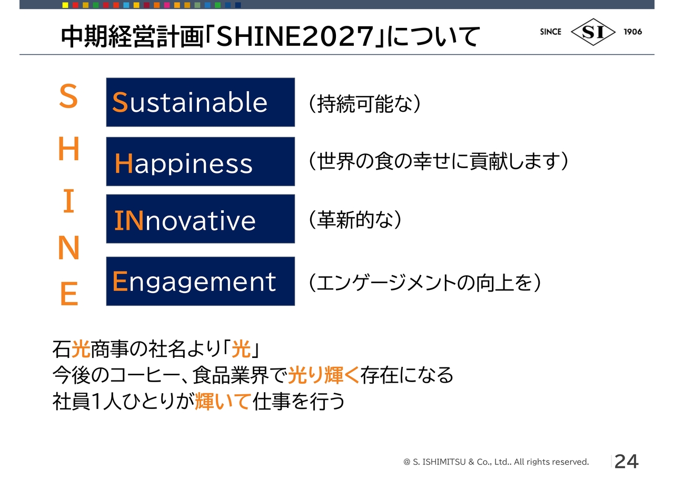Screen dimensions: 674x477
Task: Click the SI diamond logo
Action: click(593, 32)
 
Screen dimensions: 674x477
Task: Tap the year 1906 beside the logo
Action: click(633, 32)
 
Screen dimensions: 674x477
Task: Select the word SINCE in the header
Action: click(551, 32)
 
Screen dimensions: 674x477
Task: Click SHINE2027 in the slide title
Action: click(295, 37)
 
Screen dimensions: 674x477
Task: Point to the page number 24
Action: click(627, 461)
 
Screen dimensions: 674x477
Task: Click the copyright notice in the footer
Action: click(496, 462)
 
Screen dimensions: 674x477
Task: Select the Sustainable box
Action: click(201, 102)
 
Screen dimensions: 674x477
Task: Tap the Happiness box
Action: click(201, 161)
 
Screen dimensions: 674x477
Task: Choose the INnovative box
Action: click(201, 219)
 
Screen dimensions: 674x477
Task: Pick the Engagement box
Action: click(201, 281)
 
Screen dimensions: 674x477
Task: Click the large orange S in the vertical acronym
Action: click(68, 96)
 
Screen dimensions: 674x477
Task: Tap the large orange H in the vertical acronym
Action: click(68, 149)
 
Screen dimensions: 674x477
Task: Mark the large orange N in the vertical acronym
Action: click(68, 248)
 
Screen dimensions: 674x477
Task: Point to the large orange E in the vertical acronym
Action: click(69, 294)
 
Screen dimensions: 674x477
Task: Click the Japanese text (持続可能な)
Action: click(365, 104)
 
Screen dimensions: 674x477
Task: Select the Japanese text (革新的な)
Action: click(355, 219)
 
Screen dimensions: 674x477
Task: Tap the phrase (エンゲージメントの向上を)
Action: click(425, 283)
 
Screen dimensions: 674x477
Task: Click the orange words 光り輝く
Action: click(324, 375)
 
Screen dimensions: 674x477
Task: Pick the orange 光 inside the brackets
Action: click(241, 349)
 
